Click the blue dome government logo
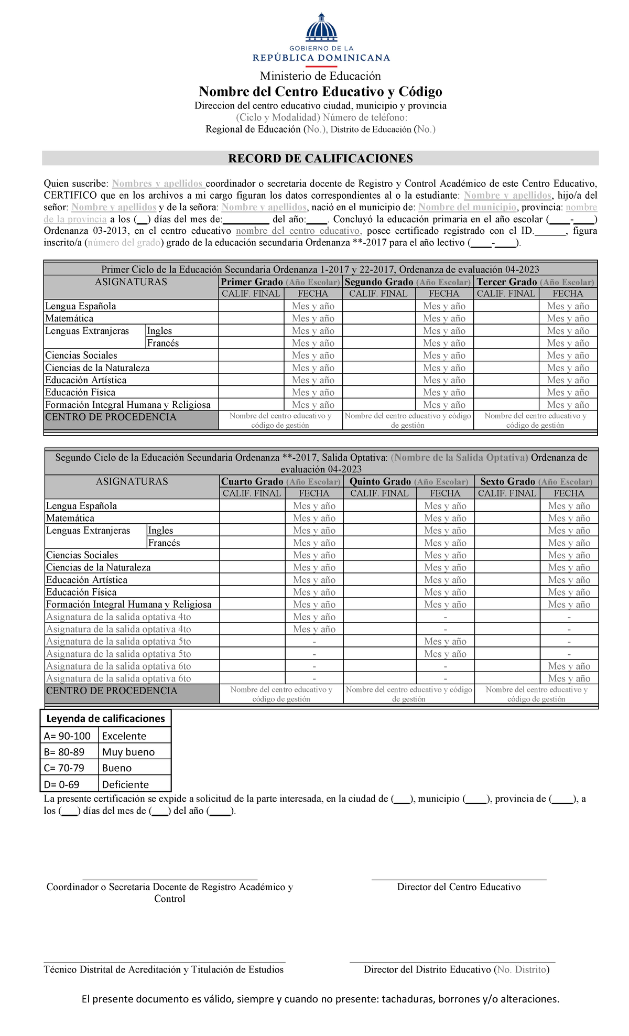pos(321,29)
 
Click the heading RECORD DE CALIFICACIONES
pos(320,158)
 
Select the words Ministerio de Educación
pos(320,76)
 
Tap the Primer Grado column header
pos(252,282)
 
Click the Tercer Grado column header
pos(506,282)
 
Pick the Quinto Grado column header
pos(380,481)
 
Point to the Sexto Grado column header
pos(507,481)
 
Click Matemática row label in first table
pos(69,318)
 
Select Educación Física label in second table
pos(81,592)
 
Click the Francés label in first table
pos(163,343)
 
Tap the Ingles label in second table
pos(160,530)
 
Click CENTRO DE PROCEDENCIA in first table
pos(111,417)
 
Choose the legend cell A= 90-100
pos(68,736)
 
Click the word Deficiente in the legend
pos(125,784)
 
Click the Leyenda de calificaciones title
pos(105,718)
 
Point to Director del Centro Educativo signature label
pos(459,887)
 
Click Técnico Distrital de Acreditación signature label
pos(164,969)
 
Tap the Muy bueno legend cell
pos(128,752)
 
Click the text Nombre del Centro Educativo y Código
pos(320,92)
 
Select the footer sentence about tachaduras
pos(320,999)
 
